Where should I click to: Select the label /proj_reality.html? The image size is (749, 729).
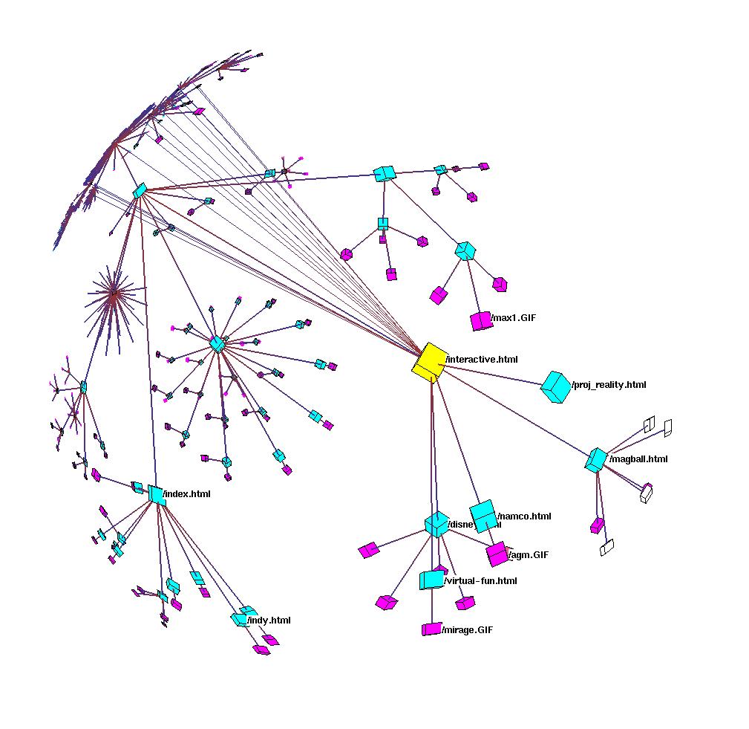click(609, 385)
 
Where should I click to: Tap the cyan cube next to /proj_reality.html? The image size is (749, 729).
click(555, 386)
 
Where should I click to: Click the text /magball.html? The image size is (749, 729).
click(638, 459)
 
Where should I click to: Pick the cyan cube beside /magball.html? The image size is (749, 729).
click(595, 460)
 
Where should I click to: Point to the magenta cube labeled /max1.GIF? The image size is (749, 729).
click(481, 321)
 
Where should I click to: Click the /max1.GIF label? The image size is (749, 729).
click(514, 318)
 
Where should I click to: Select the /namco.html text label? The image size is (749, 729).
click(525, 516)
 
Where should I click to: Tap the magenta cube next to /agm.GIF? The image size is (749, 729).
click(497, 554)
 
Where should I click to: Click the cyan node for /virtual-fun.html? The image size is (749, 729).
click(431, 580)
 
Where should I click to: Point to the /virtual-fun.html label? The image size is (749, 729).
click(480, 581)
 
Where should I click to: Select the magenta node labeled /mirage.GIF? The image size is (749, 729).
click(431, 629)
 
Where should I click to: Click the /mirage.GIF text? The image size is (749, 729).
click(467, 630)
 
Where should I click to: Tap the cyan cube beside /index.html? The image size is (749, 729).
click(156, 495)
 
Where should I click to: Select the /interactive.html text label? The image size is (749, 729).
click(481, 360)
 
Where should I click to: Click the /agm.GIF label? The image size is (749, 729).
click(529, 555)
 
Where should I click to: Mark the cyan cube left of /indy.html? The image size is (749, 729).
click(239, 619)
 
